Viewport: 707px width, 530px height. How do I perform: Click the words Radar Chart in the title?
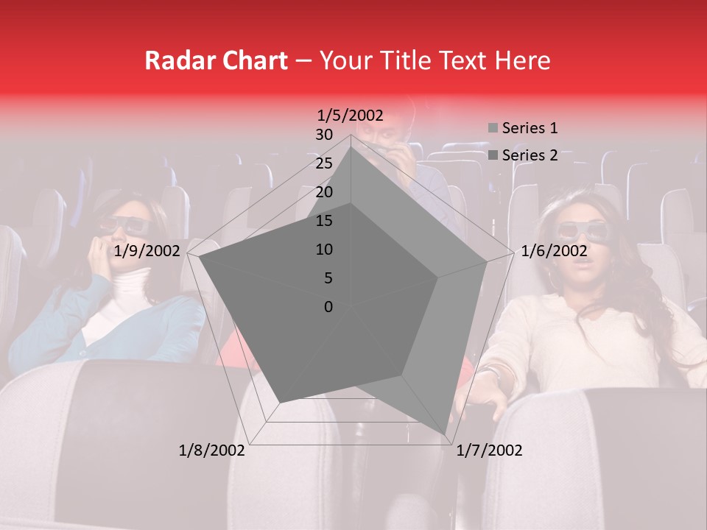pos(216,60)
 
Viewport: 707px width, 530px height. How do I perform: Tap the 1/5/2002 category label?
pos(351,115)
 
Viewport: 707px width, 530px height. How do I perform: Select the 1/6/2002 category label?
pos(555,251)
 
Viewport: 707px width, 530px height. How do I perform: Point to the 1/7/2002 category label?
pos(489,451)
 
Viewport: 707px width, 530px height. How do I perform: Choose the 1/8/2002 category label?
pos(212,451)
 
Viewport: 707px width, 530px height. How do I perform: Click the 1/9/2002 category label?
pos(147,251)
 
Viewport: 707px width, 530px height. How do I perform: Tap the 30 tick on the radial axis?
pos(324,135)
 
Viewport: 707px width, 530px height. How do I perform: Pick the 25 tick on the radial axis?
pos(324,163)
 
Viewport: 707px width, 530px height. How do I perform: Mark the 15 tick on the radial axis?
pos(324,221)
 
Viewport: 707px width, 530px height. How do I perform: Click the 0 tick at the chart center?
pos(328,307)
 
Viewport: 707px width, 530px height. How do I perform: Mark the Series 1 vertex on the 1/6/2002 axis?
pos(487,261)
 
